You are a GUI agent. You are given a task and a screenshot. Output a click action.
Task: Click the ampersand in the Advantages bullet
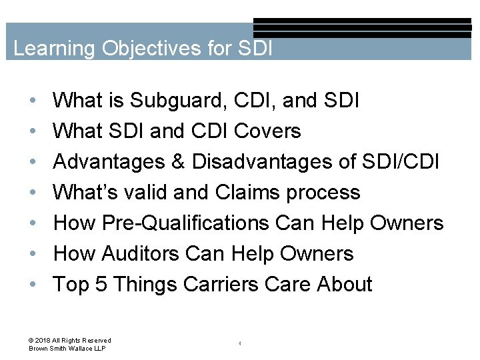pyautogui.click(x=177, y=162)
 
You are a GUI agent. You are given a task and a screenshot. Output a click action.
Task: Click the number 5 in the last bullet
pyautogui.click(x=101, y=285)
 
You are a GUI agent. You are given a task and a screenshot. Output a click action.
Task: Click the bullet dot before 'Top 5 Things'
pyautogui.click(x=33, y=285)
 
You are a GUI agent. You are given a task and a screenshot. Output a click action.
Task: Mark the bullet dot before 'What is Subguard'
pyautogui.click(x=33, y=101)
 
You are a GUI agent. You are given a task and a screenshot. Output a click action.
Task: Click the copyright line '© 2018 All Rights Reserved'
pyautogui.click(x=70, y=340)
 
